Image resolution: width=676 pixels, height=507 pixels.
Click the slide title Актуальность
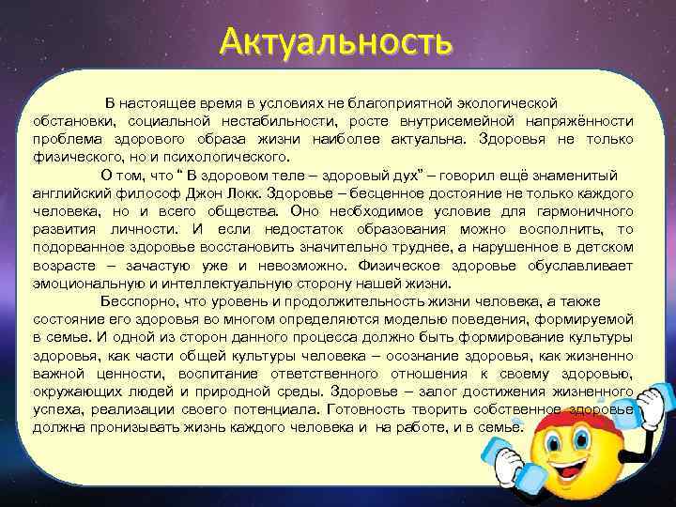pos(336,41)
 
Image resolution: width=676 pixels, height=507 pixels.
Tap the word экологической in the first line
pos(506,100)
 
